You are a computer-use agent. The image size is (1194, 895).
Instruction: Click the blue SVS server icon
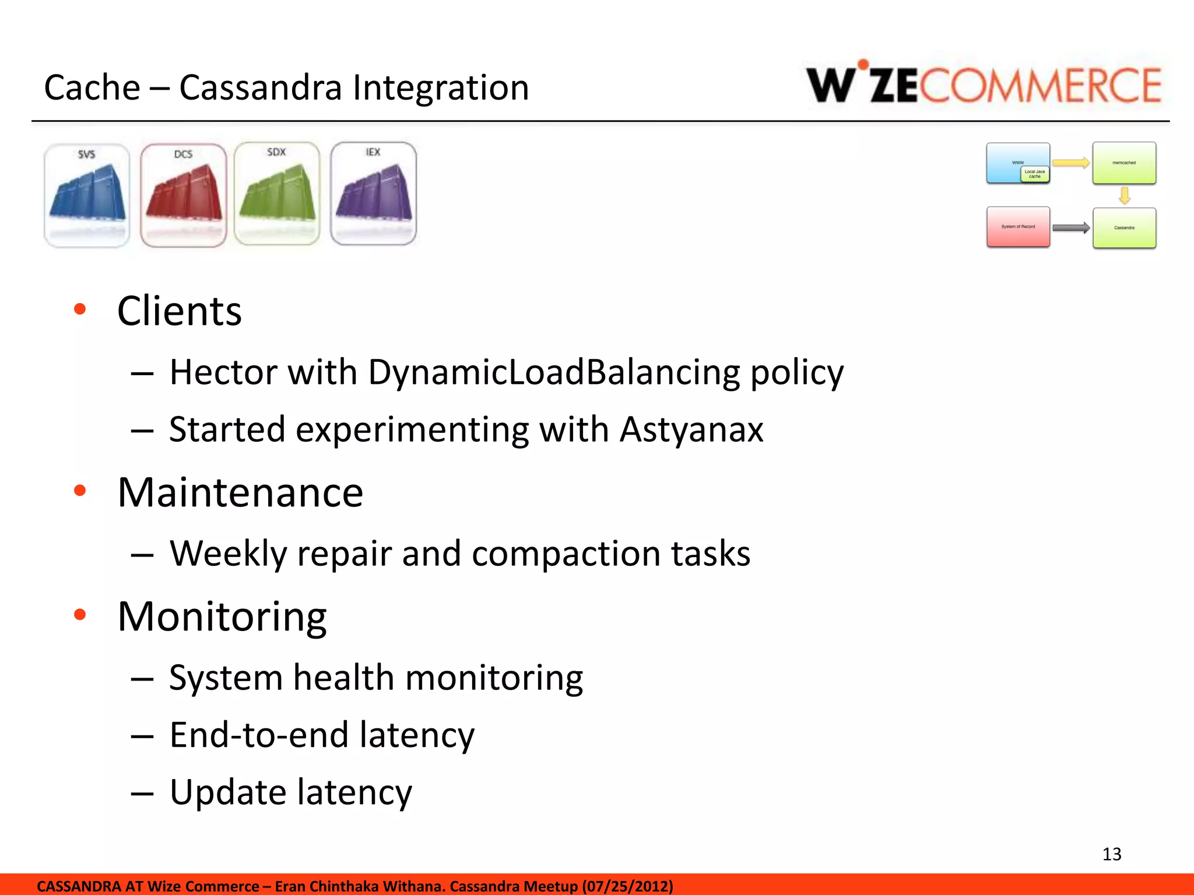click(x=87, y=195)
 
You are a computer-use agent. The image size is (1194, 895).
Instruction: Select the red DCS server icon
click(x=183, y=195)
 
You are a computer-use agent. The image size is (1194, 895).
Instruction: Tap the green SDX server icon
click(x=277, y=194)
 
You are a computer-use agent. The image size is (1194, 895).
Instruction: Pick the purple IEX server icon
click(x=373, y=194)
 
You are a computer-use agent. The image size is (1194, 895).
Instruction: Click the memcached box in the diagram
click(x=1124, y=163)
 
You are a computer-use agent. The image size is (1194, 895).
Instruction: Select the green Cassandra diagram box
click(x=1124, y=228)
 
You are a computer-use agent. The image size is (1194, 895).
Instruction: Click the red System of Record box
click(x=1018, y=227)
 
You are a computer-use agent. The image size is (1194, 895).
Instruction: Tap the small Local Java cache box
click(x=1035, y=174)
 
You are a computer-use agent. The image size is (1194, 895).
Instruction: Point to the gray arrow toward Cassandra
click(x=1071, y=228)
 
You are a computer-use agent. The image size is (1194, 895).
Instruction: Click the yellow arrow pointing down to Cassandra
click(x=1125, y=195)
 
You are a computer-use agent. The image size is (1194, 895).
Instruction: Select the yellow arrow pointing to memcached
click(x=1071, y=163)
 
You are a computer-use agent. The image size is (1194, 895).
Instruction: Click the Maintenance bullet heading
click(x=240, y=493)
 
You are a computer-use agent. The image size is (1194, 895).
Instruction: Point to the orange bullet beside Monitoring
click(x=80, y=614)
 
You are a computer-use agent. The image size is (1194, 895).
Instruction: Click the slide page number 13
click(x=1111, y=854)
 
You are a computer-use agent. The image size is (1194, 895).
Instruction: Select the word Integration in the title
click(x=441, y=88)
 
